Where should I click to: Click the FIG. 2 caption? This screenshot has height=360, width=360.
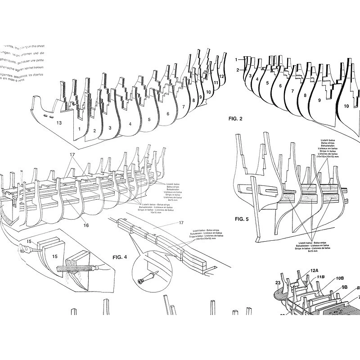tap(235, 119)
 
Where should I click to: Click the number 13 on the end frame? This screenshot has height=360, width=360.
tap(58, 122)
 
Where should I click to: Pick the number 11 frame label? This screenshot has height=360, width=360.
tap(216, 83)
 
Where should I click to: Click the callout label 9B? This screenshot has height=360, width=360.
tap(345, 287)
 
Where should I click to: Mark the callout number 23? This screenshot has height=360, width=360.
tap(278, 283)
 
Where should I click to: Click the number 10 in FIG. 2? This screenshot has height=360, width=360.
tap(346, 106)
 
